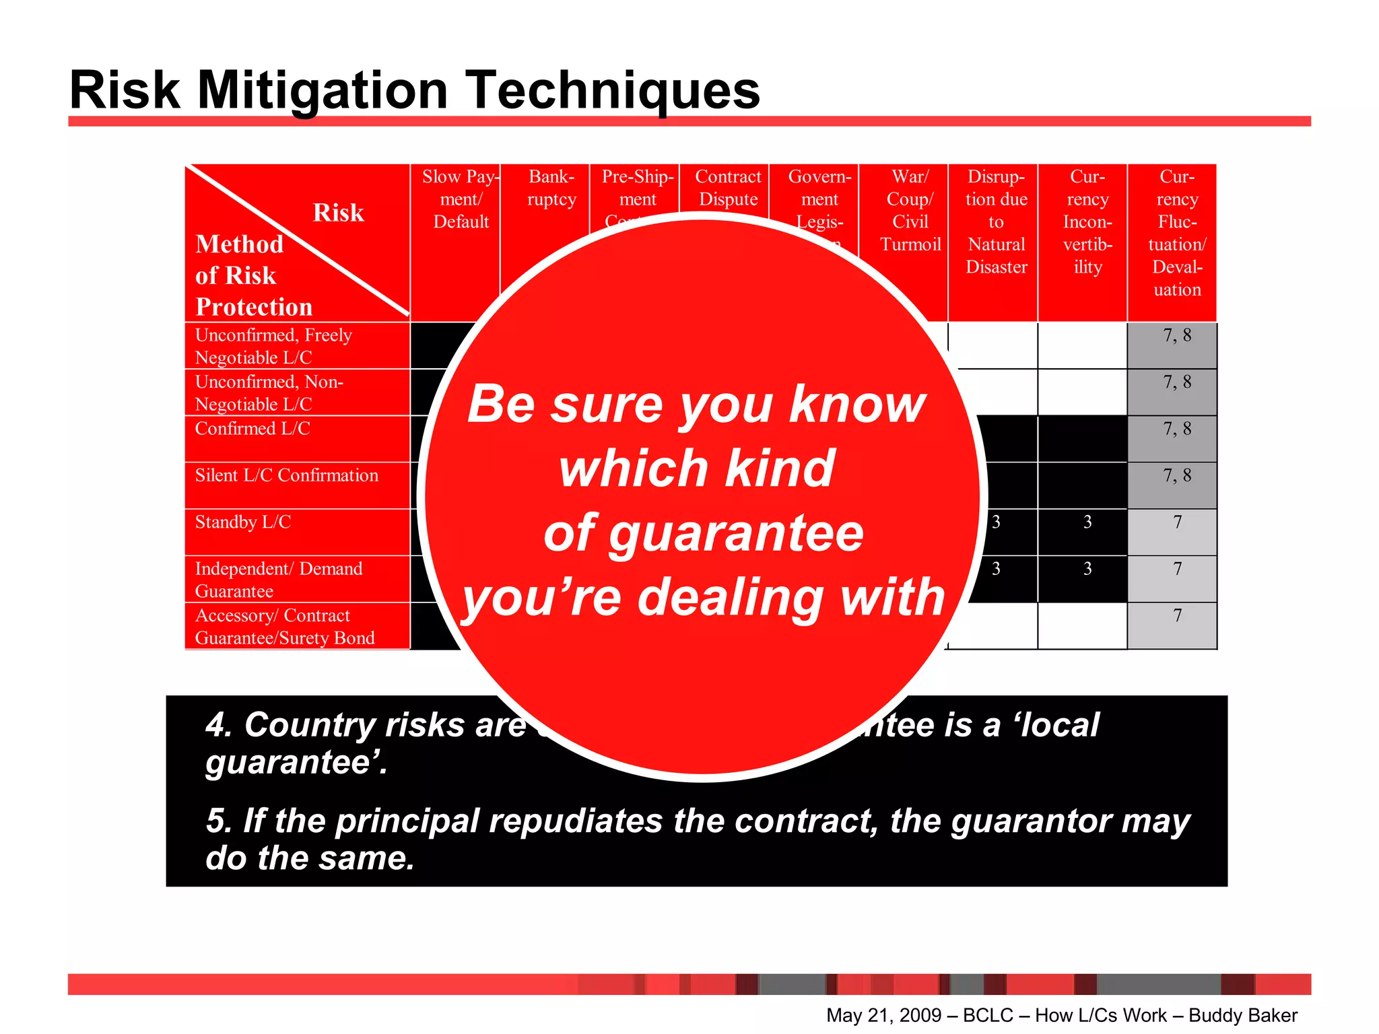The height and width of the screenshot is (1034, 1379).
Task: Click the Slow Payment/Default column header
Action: [x=461, y=199]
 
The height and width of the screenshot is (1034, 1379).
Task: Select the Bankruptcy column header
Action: [x=551, y=188]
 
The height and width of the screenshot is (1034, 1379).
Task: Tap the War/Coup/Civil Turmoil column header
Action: [x=910, y=210]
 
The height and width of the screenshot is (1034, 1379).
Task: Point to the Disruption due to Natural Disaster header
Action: [x=996, y=221]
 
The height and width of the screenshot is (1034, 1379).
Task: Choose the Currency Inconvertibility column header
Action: [x=1087, y=221]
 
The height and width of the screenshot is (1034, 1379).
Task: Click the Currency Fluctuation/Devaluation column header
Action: [x=1176, y=233]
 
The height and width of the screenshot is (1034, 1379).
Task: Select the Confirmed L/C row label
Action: [x=253, y=429]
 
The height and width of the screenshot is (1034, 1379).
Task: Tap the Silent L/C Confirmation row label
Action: [x=286, y=476]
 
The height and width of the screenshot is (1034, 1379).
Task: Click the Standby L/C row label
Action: [x=242, y=522]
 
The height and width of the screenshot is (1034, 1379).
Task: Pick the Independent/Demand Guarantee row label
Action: [x=278, y=580]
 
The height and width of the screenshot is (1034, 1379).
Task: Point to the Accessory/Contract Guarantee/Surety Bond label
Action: [x=284, y=627]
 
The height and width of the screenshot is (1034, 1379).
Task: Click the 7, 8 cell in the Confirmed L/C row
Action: [x=1176, y=429]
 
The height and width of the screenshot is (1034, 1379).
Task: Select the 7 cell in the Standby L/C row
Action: [x=1176, y=522]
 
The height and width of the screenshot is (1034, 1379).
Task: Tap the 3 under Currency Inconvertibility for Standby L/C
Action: [x=1087, y=522]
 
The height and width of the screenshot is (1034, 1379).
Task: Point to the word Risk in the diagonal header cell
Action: [x=338, y=213]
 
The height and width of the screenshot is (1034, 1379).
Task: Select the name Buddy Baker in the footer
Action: [x=1242, y=1015]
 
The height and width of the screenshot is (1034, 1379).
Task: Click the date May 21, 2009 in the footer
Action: [x=883, y=1015]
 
